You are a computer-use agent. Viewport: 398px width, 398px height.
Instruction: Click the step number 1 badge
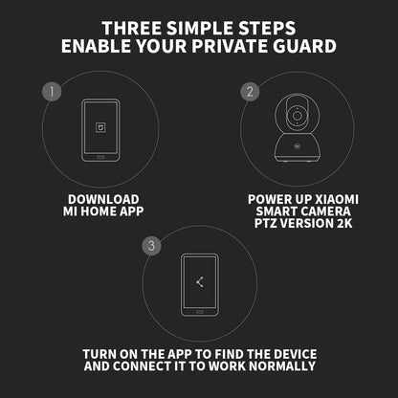(52, 92)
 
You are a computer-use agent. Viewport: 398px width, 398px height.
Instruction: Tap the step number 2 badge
(250, 92)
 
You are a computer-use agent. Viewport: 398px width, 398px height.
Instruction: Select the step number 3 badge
(151, 246)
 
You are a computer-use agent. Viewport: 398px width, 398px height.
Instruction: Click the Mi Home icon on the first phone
(100, 128)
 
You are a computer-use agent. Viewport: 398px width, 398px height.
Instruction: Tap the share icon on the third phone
(200, 282)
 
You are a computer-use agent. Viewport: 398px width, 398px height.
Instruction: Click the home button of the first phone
(100, 157)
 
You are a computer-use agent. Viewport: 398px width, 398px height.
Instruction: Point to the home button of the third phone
(200, 312)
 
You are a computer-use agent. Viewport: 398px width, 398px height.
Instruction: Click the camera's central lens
(297, 115)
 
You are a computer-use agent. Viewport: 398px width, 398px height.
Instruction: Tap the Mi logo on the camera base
(297, 146)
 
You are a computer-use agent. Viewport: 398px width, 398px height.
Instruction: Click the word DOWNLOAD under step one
(103, 200)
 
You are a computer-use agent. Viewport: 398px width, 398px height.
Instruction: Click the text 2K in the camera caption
(344, 223)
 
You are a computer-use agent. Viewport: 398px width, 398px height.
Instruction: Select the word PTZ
(265, 223)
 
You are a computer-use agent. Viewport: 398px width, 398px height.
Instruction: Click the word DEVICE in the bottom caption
(295, 354)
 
